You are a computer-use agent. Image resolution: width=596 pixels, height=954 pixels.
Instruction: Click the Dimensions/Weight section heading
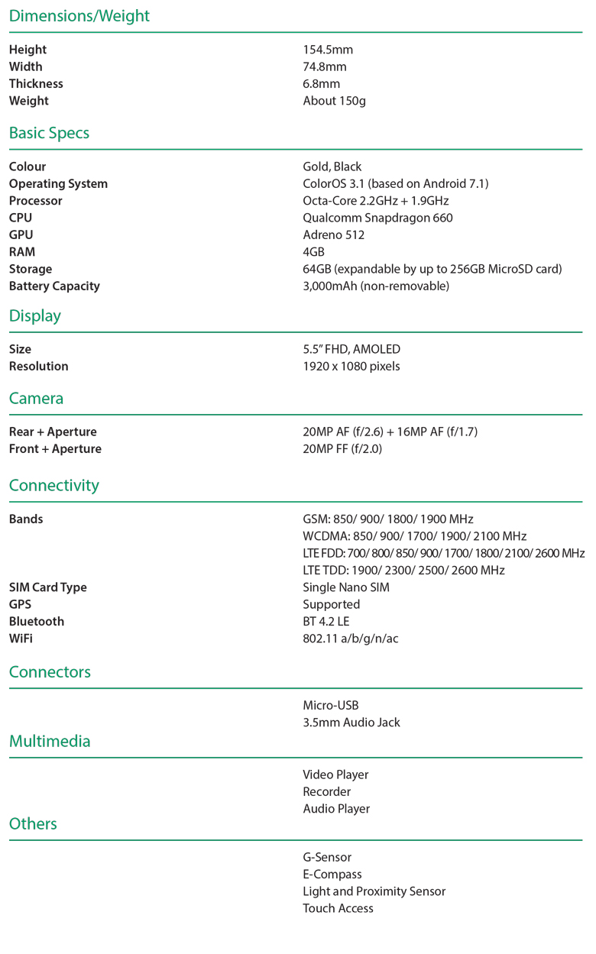point(79,16)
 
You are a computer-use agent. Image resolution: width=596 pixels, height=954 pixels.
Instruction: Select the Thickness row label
point(36,84)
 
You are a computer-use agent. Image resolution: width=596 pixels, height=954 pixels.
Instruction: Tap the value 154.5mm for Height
point(328,50)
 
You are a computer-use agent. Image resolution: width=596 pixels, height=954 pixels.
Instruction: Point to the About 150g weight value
point(334,101)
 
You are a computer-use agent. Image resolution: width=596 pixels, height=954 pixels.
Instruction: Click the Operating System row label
point(58,184)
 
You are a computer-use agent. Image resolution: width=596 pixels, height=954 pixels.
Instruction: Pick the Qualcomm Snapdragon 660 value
point(377,218)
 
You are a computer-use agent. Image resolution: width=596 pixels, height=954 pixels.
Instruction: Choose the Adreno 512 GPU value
point(333,235)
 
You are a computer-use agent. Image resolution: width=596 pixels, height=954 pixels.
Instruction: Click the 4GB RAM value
point(313,252)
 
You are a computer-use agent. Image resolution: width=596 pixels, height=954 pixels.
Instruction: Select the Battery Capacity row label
point(54,286)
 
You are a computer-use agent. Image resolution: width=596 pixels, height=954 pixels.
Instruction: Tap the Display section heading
point(35,316)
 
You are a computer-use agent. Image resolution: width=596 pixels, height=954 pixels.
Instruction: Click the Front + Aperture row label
point(55,449)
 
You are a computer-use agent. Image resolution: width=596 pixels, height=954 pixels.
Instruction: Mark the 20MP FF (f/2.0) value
point(342,449)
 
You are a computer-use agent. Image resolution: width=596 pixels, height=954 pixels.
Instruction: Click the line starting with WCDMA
point(414,536)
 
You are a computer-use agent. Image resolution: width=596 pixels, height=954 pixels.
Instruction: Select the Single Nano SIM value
point(346,587)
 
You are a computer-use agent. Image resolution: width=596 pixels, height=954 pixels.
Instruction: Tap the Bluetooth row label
point(37,622)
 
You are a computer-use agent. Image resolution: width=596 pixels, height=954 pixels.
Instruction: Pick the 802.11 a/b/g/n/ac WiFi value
point(350,639)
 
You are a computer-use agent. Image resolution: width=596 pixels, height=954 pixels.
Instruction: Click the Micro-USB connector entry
point(330,706)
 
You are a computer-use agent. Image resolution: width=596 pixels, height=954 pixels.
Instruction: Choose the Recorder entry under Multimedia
point(326,792)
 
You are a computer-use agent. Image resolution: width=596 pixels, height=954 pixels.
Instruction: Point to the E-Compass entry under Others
point(332,875)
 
